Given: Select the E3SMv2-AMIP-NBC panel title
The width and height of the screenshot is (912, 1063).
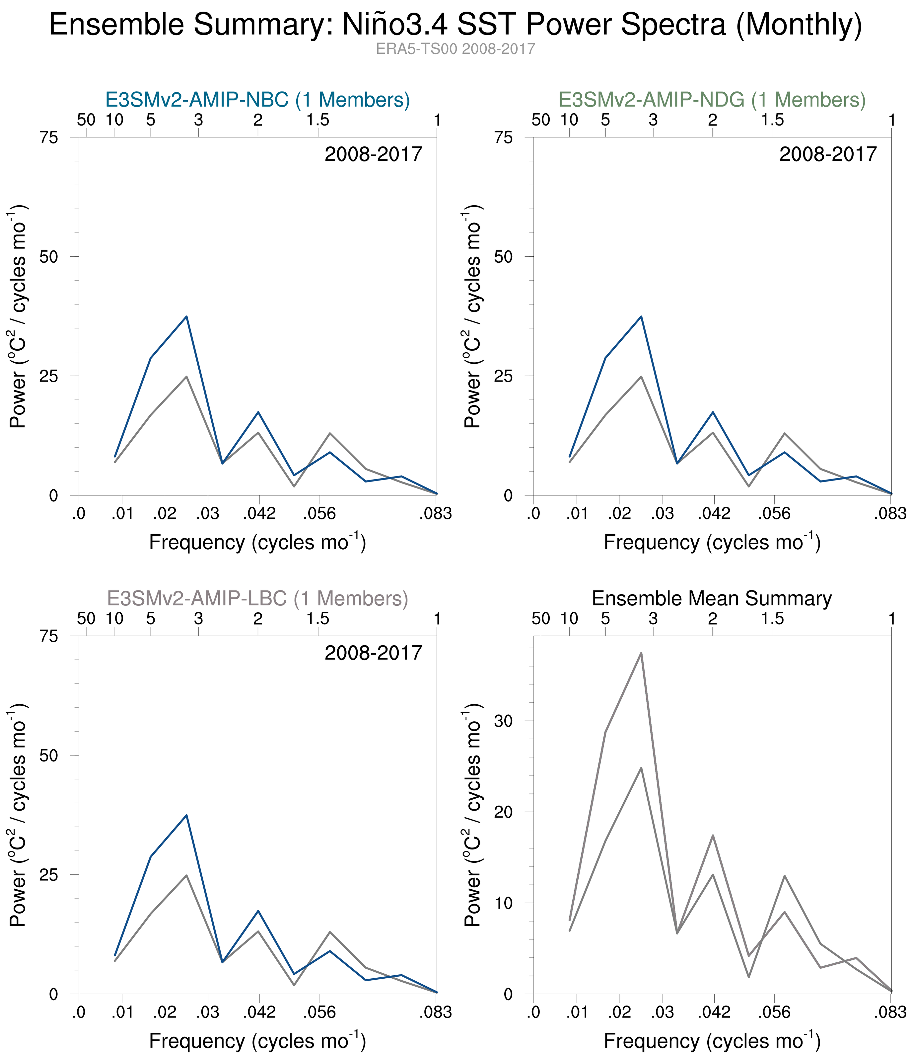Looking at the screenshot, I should click(x=257, y=100).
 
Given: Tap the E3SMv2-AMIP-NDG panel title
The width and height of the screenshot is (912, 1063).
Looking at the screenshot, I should click(x=712, y=100).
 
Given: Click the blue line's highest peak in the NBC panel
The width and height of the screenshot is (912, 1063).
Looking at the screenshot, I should click(x=186, y=316).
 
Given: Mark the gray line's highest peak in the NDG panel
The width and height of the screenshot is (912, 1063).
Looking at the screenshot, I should click(x=641, y=377).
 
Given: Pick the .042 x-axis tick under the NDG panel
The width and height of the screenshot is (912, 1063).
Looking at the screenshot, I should click(x=714, y=513).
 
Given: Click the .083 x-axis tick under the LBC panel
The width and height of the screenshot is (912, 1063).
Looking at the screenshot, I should click(x=436, y=1012).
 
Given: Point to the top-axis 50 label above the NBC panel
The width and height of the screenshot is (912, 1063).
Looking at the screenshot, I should click(x=86, y=120).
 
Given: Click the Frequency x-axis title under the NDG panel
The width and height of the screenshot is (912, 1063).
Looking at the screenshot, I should click(x=712, y=543).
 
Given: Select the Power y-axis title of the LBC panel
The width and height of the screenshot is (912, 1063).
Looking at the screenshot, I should click(x=19, y=815).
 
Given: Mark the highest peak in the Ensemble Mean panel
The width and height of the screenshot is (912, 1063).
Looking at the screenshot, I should click(x=641, y=653).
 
